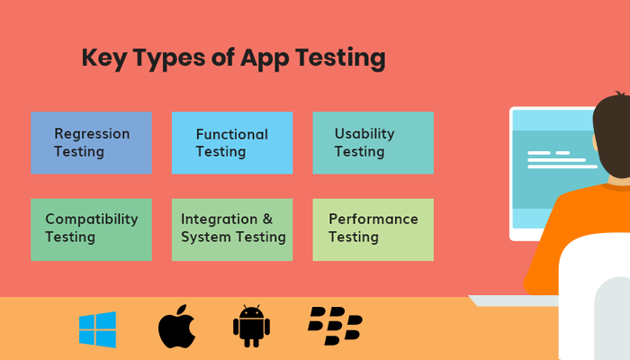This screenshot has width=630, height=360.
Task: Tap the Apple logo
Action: (176, 328)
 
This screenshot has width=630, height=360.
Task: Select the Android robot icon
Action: (251, 328)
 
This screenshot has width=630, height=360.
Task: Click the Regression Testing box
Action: (91, 143)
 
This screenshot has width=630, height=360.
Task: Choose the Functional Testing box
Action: (232, 143)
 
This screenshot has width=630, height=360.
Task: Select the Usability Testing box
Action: (373, 143)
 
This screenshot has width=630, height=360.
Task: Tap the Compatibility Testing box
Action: (91, 229)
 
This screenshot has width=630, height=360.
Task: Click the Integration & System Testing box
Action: (232, 229)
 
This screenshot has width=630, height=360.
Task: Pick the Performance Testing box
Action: (373, 229)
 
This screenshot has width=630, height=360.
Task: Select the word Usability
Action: (364, 134)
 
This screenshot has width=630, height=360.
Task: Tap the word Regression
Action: (92, 134)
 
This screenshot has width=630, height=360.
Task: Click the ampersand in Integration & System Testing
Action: (266, 219)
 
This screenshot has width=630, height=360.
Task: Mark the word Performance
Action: (373, 219)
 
